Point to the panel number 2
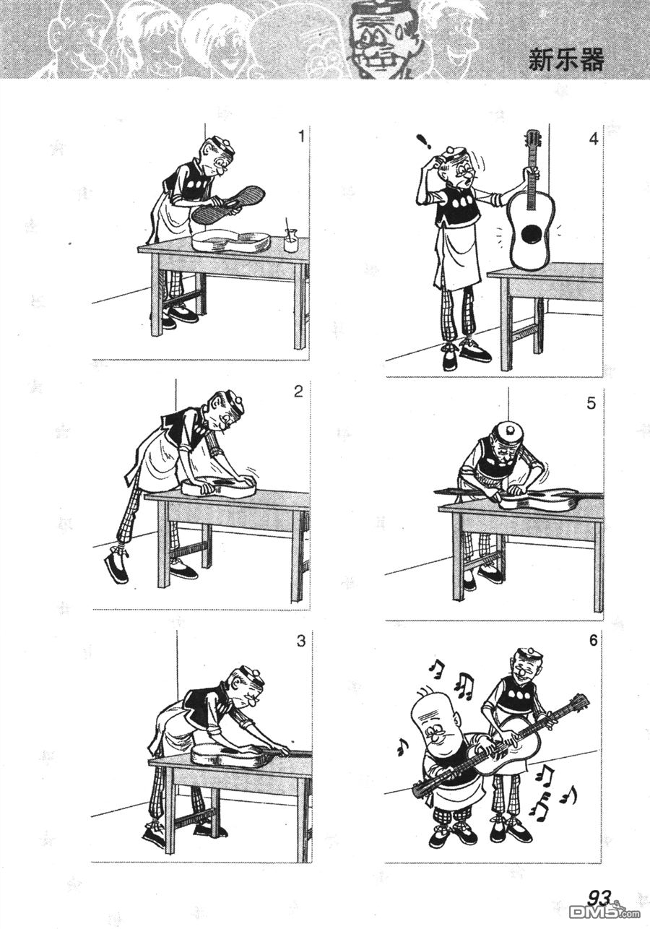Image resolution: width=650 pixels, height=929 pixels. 298,392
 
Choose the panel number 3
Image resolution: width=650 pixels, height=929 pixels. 301,641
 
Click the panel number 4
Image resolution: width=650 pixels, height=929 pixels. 594,139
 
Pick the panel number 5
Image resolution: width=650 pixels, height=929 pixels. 591,403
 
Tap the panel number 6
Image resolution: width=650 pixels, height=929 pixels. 593,641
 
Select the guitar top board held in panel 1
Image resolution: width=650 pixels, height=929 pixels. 229,204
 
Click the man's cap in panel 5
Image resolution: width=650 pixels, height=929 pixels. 509,434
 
